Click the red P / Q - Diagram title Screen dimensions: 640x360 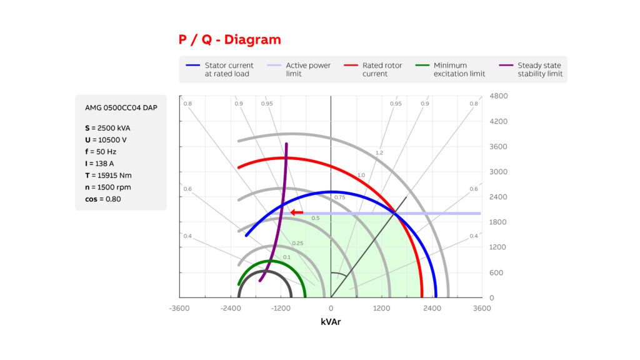coord(230,39)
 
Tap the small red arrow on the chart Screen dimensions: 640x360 coord(297,212)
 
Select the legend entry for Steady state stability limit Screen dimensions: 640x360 coord(531,69)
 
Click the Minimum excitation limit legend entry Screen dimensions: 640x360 coord(450,69)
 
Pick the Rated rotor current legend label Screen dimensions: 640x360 coord(382,69)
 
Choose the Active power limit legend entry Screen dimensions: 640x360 coord(299,69)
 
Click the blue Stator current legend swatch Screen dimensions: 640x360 coord(192,65)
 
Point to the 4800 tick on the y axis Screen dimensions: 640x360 coord(498,96)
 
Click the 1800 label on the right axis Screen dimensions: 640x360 coord(498,222)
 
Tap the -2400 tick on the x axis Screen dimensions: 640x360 coord(231,308)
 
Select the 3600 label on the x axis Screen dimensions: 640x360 coord(482,308)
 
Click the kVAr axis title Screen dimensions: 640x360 coord(331,322)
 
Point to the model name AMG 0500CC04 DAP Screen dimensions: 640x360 coord(121,107)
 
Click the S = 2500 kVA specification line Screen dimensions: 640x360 coord(107,127)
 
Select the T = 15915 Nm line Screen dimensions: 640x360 coord(108,175)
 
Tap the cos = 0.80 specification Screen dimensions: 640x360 coord(103,199)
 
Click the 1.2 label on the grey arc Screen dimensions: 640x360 coord(379,152)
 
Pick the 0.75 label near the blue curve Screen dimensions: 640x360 coord(339,197)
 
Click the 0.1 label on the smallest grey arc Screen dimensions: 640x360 coord(286,257)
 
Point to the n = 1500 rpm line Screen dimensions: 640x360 coord(107,187)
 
